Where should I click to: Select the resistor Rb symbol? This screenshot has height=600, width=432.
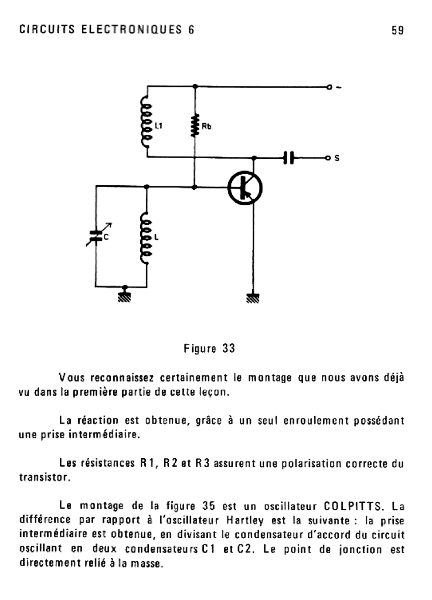(195, 125)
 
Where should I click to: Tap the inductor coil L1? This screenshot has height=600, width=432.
(146, 122)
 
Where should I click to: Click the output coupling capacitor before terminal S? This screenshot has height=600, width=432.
(287, 158)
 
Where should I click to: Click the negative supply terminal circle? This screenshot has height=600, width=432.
(329, 87)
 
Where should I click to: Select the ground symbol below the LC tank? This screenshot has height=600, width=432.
(125, 293)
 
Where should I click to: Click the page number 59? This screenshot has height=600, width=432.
(398, 30)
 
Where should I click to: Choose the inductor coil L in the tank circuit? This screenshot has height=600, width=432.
(146, 238)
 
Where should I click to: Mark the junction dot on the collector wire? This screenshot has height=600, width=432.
(253, 158)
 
